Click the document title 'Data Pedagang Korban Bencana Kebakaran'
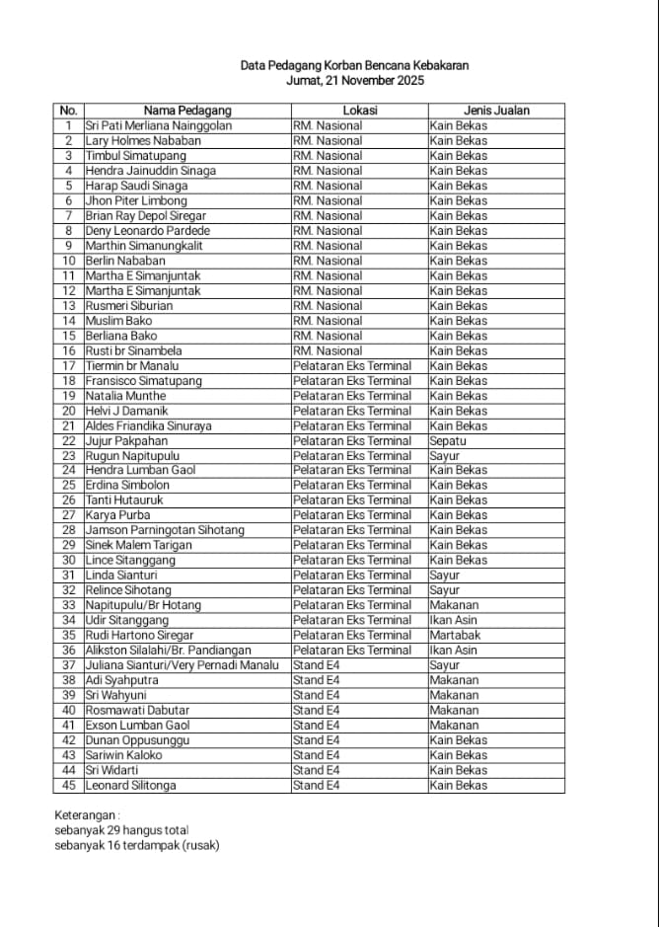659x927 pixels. (x=354, y=65)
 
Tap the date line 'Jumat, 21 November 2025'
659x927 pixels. (x=354, y=81)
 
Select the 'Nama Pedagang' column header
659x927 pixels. (x=187, y=111)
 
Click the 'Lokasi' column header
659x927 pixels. (x=359, y=111)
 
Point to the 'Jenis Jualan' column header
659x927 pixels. (x=496, y=111)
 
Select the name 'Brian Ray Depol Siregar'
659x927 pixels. (x=145, y=215)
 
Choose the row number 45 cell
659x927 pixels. (x=68, y=785)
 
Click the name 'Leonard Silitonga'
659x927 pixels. (x=131, y=785)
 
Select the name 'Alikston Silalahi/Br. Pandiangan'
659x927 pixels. (x=168, y=650)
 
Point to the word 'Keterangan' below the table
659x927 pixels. (x=87, y=815)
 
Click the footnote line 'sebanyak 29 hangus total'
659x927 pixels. (x=121, y=830)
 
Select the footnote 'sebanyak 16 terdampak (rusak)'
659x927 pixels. (x=137, y=845)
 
